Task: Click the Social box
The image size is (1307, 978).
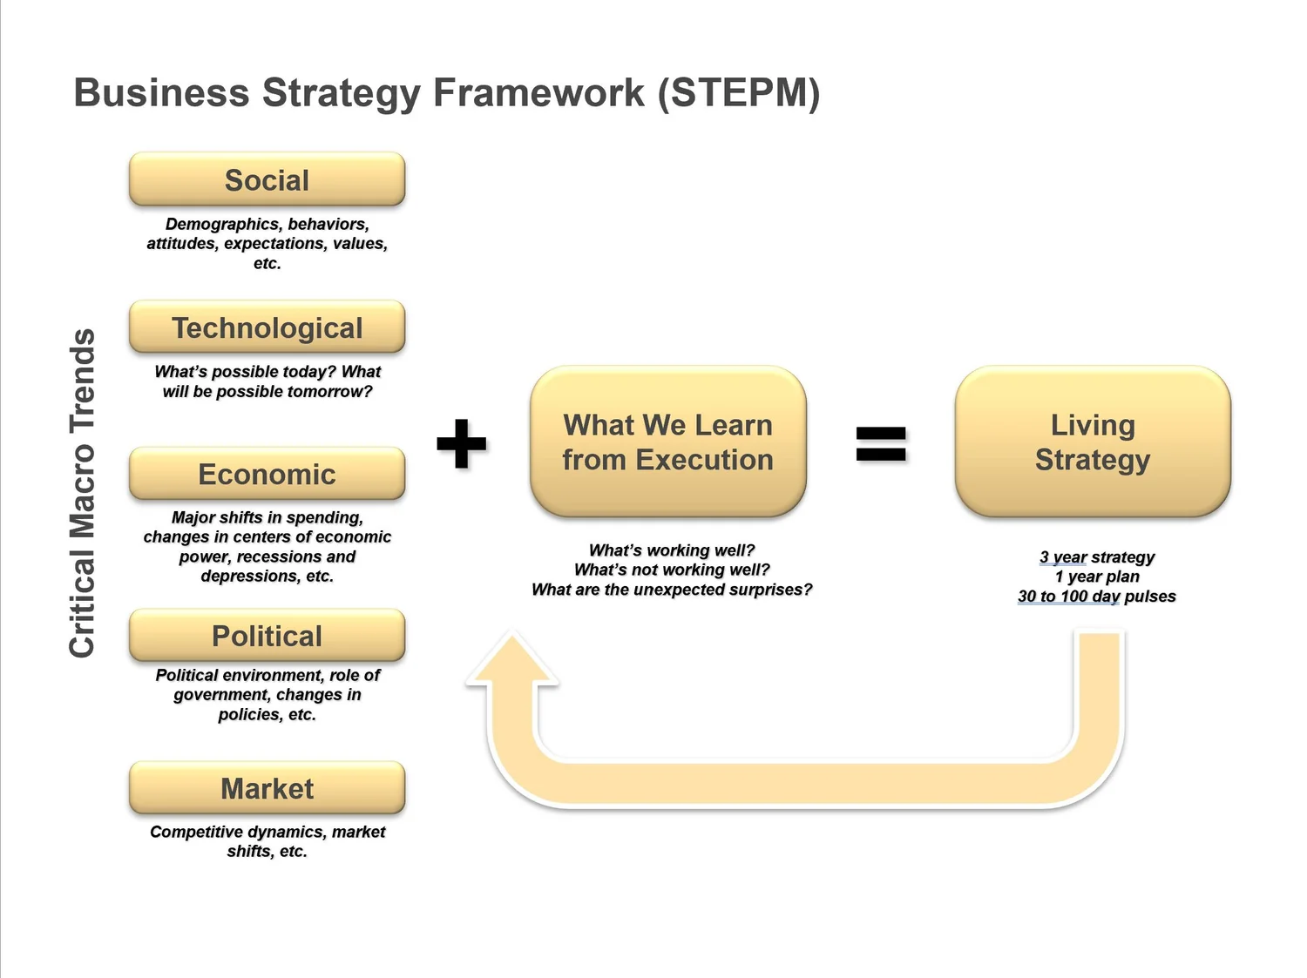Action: click(267, 179)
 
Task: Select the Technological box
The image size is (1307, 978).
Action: click(267, 327)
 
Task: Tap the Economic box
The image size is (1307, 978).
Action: click(267, 474)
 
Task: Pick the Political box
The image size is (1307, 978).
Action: click(267, 635)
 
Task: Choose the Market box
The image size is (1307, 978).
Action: click(267, 787)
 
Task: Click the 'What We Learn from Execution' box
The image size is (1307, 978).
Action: click(668, 442)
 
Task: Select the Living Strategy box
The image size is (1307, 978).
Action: click(1093, 442)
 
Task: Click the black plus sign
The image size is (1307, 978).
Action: click(462, 443)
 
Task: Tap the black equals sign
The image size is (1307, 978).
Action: click(881, 444)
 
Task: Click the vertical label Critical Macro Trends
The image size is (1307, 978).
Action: click(82, 493)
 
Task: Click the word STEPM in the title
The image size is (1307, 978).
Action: click(739, 93)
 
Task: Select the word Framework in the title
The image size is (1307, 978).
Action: click(538, 93)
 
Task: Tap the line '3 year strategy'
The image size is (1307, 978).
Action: click(1097, 557)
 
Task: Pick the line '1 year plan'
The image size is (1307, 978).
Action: click(1097, 577)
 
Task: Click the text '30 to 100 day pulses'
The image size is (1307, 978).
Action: click(1097, 596)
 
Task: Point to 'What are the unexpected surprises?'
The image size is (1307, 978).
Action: click(672, 590)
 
